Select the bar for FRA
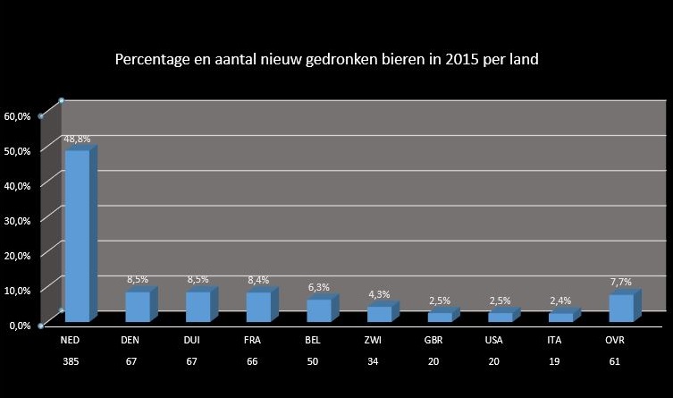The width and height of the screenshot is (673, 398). tap(258, 306)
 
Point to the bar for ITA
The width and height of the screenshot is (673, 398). tap(560, 317)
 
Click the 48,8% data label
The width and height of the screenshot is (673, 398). tap(77, 139)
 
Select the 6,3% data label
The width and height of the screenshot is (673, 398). tap(319, 287)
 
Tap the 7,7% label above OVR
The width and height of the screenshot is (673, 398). tap(620, 282)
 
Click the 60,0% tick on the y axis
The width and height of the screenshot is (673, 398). tap(18, 116)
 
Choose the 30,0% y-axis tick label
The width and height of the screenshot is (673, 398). tap(18, 220)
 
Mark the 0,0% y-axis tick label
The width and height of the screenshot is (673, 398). tap(21, 325)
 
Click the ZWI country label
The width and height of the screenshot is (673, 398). tap(371, 341)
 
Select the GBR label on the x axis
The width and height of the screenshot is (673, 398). tap(432, 341)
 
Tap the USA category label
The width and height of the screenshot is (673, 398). tap(492, 341)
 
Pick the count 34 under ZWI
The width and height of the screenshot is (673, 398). tap(371, 362)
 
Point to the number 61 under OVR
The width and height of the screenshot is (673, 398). tap(614, 362)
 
